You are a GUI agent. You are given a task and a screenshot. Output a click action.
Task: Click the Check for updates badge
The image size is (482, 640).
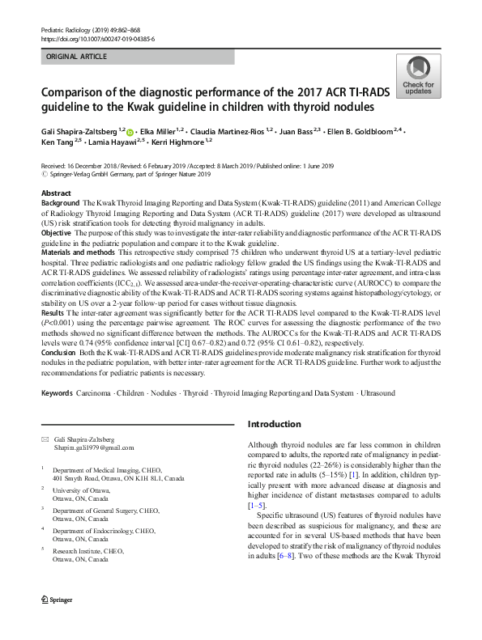coord(416,78)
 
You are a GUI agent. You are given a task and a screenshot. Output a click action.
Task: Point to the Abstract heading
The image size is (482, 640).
coord(55,193)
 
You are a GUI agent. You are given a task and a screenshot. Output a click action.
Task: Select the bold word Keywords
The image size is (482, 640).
coord(57,392)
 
